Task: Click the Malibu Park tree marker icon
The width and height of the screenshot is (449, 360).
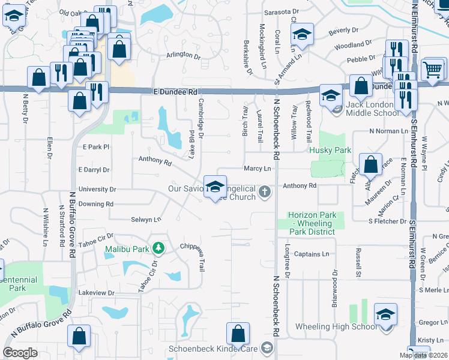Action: (158, 247)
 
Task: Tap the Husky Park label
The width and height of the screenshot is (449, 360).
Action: (330, 151)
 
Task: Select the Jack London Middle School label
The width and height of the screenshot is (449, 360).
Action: (372, 108)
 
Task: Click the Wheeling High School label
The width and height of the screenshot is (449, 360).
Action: (336, 327)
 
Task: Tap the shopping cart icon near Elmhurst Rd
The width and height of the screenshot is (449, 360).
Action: (432, 70)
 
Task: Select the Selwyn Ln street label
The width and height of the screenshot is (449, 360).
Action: (146, 220)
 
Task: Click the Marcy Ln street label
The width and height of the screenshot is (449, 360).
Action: (258, 169)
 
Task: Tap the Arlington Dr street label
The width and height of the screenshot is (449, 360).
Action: (183, 55)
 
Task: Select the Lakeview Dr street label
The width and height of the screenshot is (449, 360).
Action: (96, 292)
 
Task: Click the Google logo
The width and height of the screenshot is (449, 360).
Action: (20, 352)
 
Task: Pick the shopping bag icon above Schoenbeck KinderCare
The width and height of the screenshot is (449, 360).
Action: (238, 333)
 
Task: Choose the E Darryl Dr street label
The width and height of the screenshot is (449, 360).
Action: (94, 170)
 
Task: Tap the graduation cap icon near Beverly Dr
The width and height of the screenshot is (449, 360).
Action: (303, 35)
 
